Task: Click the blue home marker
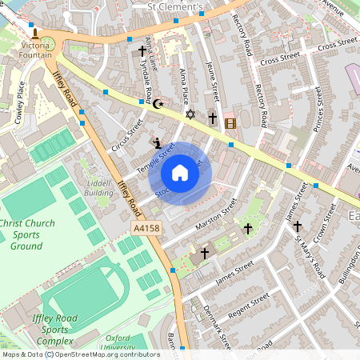pyautogui.click(x=180, y=173)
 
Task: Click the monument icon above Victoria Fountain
pyautogui.click(x=34, y=33)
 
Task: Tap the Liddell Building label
pyautogui.click(x=98, y=188)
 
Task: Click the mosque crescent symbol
pyautogui.click(x=158, y=103)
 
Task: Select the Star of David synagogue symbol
pyautogui.click(x=190, y=115)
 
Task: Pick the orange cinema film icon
pyautogui.click(x=230, y=122)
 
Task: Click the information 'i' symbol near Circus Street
pyautogui.click(x=157, y=144)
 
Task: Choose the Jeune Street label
pyautogui.click(x=212, y=80)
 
